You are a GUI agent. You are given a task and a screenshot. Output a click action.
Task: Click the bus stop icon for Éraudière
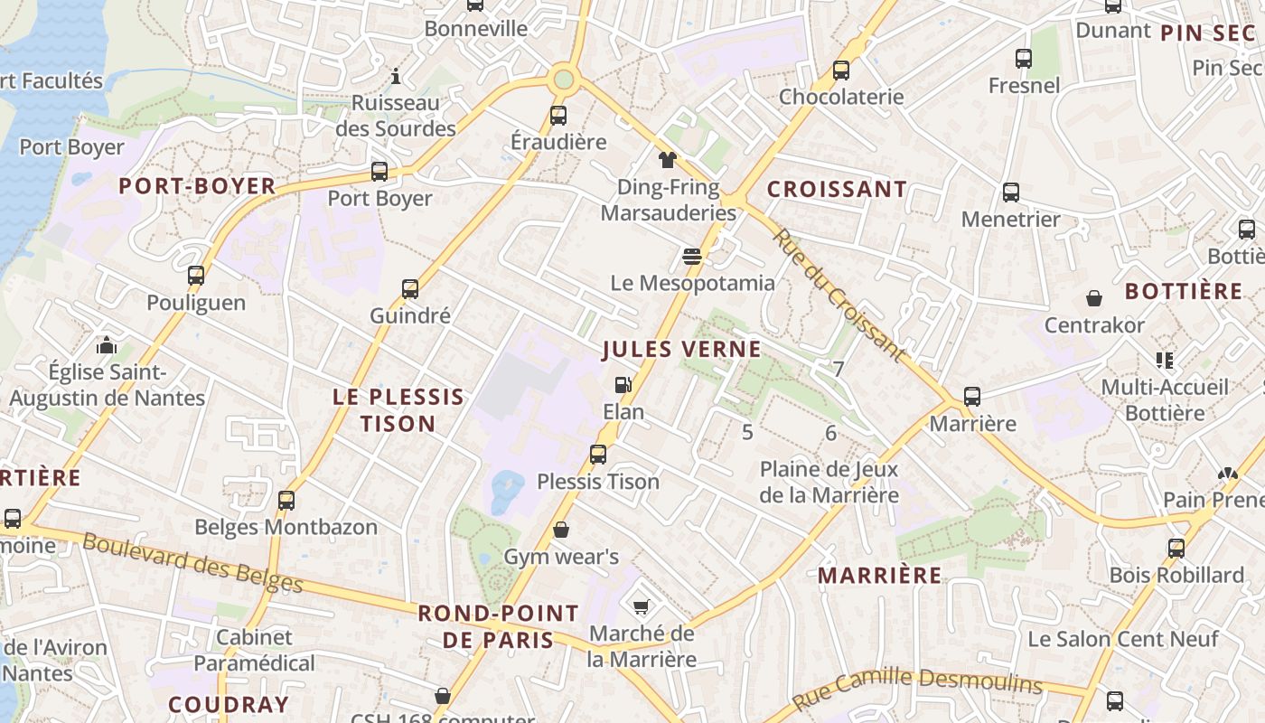coord(558,116)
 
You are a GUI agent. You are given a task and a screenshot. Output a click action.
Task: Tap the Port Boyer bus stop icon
coord(379,172)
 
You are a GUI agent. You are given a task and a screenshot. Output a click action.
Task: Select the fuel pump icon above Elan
coord(623,385)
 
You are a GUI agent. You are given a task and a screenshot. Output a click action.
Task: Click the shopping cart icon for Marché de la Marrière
coord(642,606)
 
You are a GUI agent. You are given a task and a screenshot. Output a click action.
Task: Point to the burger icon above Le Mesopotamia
coord(692,257)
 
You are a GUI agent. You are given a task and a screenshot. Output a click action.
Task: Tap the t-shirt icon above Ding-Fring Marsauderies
coord(667,161)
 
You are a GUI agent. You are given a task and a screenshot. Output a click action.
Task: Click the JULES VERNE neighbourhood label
coord(681,349)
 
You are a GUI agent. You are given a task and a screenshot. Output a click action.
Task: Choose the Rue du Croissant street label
coord(839,295)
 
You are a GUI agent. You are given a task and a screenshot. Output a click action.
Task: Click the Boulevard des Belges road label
coord(192,562)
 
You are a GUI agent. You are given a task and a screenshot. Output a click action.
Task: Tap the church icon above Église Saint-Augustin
coord(107,345)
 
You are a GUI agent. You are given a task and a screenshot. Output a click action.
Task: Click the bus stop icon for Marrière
coord(972,397)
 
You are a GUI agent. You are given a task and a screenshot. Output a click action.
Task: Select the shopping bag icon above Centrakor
coord(1094,298)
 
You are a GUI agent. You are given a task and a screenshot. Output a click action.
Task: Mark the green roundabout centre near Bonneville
coord(564,80)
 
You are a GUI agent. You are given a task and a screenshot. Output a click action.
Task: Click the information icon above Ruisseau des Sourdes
coord(395,76)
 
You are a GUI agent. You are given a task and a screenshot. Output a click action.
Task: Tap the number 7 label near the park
coord(839,369)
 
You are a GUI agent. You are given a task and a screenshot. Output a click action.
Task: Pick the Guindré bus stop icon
coord(410,289)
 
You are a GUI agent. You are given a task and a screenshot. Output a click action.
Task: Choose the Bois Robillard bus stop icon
coord(1176,548)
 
